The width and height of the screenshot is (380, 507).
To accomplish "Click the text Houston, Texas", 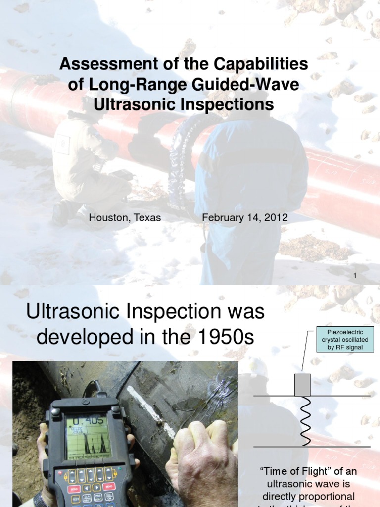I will [x=125, y=218].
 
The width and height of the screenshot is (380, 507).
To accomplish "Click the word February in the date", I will [x=221, y=218].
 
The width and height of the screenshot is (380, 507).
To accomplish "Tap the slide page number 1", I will [x=355, y=276].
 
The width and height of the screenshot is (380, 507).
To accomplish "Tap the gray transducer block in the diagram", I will [x=302, y=385].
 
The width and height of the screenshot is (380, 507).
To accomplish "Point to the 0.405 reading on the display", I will [x=88, y=421].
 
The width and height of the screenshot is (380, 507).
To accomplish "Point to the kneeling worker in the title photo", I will [x=89, y=163].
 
